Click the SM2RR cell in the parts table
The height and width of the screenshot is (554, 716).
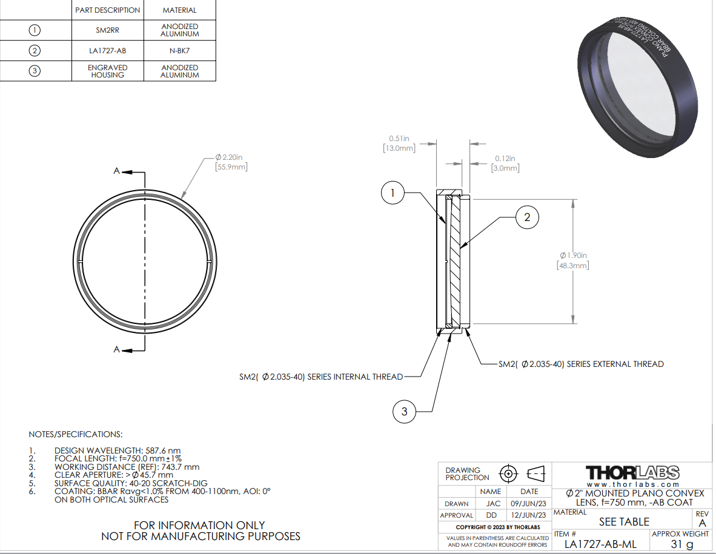(107, 30)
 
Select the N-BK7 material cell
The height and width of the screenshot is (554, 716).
(179, 51)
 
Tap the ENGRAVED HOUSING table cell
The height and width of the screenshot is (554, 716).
(107, 71)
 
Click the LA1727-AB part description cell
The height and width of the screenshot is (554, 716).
(107, 51)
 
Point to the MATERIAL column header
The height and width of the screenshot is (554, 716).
(179, 10)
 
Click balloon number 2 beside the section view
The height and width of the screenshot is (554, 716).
(527, 217)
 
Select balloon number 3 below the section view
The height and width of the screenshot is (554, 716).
(404, 412)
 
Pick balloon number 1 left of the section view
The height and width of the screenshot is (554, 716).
(393, 193)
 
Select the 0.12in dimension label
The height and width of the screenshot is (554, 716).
(503, 158)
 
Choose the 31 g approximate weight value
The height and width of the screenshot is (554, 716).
(681, 544)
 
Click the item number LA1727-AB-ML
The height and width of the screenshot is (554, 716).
(600, 544)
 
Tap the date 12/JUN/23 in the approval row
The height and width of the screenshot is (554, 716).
(529, 515)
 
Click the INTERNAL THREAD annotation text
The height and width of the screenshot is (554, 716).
(321, 377)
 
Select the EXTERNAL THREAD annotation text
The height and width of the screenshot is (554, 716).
(581, 364)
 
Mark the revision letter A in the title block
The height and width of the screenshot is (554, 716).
(702, 523)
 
